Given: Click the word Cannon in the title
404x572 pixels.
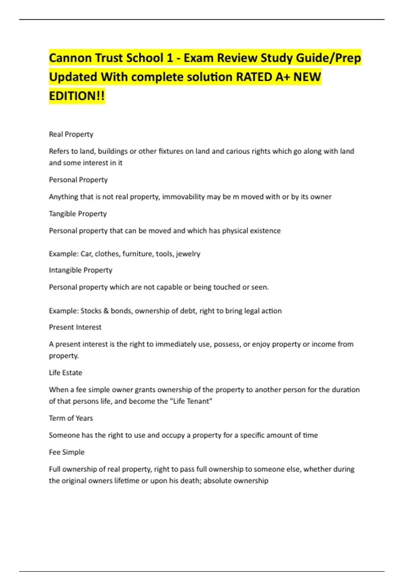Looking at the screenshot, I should (x=70, y=58).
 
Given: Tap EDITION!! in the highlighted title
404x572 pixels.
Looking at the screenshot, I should (x=77, y=96).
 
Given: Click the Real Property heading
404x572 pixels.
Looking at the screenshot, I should (x=71, y=134).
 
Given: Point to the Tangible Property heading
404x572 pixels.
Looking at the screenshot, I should (x=78, y=214).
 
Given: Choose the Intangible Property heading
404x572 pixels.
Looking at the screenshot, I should (x=80, y=270).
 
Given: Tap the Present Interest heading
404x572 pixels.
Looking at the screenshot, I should (x=75, y=327).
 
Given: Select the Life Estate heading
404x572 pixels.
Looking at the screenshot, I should (x=66, y=372).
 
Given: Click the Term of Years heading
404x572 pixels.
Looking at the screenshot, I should (x=71, y=418).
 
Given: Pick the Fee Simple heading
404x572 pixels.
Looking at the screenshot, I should (x=67, y=452).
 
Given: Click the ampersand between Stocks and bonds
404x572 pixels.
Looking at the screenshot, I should (x=106, y=311).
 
